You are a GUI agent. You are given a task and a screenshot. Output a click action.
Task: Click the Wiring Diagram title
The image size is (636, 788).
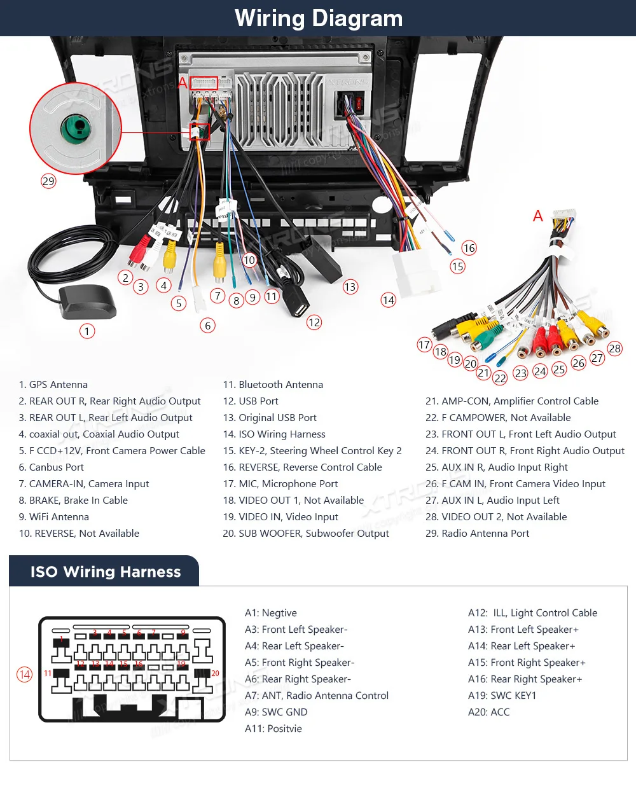pos(319,18)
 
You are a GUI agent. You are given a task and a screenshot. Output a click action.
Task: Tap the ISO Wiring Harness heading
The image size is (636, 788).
pos(106,572)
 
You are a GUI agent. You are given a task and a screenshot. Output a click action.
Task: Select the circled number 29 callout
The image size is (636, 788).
pos(48,181)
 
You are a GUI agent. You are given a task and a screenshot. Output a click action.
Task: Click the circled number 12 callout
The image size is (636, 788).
pos(314,322)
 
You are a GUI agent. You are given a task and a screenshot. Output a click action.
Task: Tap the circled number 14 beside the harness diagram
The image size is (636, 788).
pos(24,674)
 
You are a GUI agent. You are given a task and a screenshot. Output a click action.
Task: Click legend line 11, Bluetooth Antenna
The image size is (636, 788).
pos(273,385)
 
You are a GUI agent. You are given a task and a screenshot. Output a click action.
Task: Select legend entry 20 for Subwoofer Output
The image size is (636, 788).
pos(306,534)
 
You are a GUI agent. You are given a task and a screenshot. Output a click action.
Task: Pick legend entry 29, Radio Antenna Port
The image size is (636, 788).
pos(477,534)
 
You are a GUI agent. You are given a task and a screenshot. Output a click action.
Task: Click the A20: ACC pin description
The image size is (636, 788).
pos(488,712)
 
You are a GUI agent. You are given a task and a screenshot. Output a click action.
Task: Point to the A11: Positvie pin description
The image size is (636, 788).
pos(273,729)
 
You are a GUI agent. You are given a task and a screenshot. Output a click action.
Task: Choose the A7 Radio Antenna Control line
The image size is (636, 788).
pos(317,696)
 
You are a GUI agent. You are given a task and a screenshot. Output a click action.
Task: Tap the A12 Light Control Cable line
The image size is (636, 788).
pos(532,613)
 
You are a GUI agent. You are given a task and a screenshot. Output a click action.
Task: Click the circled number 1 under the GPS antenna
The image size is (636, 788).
pos(87,331)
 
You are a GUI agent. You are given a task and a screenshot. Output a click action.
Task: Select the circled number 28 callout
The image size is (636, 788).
pos(614,349)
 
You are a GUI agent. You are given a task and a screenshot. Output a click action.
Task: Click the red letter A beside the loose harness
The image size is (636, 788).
pos(538,216)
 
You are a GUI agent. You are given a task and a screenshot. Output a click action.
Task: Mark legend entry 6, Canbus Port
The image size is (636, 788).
pos(52,467)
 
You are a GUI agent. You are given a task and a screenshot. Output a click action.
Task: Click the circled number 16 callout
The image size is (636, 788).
pos(469,248)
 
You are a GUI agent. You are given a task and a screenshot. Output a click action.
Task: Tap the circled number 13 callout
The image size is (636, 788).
pos(350,287)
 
